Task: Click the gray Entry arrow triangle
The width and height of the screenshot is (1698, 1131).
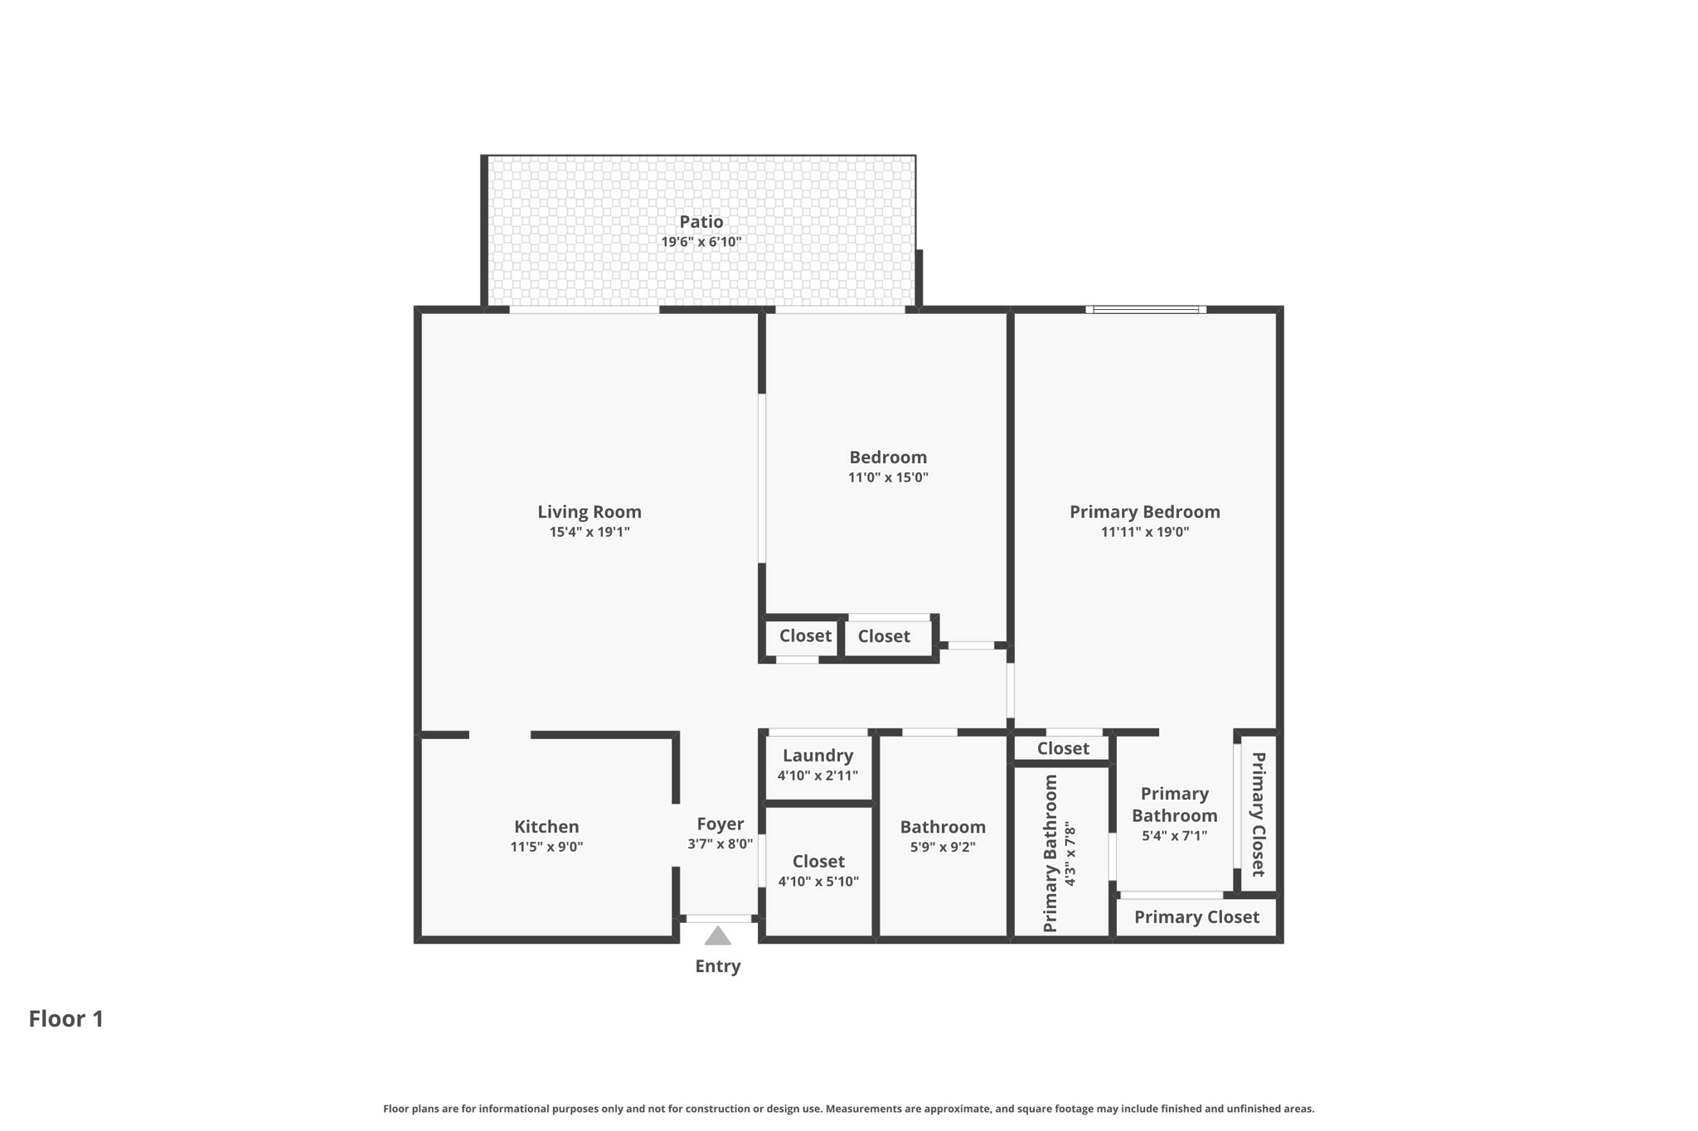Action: (x=718, y=935)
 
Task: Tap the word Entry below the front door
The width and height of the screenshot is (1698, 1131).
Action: (x=718, y=966)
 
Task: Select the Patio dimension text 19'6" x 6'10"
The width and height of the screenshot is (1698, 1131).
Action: (x=701, y=242)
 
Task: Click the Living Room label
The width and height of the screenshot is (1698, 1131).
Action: (x=589, y=512)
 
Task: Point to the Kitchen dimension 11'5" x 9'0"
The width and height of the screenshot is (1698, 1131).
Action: (x=546, y=847)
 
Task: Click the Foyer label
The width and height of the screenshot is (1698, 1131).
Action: (x=720, y=824)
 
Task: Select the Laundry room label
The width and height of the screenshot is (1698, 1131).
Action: (x=817, y=756)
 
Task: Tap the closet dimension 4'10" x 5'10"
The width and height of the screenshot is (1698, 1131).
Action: (x=818, y=882)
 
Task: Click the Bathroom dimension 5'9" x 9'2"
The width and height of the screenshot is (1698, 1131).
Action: (x=943, y=847)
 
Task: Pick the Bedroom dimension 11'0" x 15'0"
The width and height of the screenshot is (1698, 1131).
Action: (x=888, y=477)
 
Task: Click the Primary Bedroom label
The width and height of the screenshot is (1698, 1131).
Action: (x=1145, y=512)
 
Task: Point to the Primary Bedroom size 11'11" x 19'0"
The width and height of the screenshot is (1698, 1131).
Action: (x=1145, y=532)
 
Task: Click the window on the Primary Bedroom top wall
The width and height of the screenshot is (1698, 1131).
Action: (x=1146, y=310)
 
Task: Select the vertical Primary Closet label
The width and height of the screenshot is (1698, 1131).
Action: (x=1258, y=814)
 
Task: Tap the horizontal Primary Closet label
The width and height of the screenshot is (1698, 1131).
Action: (x=1196, y=917)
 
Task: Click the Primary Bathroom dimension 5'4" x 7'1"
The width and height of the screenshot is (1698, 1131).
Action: (x=1174, y=836)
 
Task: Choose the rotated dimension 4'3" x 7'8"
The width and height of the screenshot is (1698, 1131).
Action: (x=1070, y=854)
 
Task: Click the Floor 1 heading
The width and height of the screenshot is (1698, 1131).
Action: (x=66, y=1018)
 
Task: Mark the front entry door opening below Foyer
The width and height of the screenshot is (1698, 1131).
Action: (x=719, y=918)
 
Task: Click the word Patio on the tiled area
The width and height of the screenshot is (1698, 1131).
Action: (x=701, y=222)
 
